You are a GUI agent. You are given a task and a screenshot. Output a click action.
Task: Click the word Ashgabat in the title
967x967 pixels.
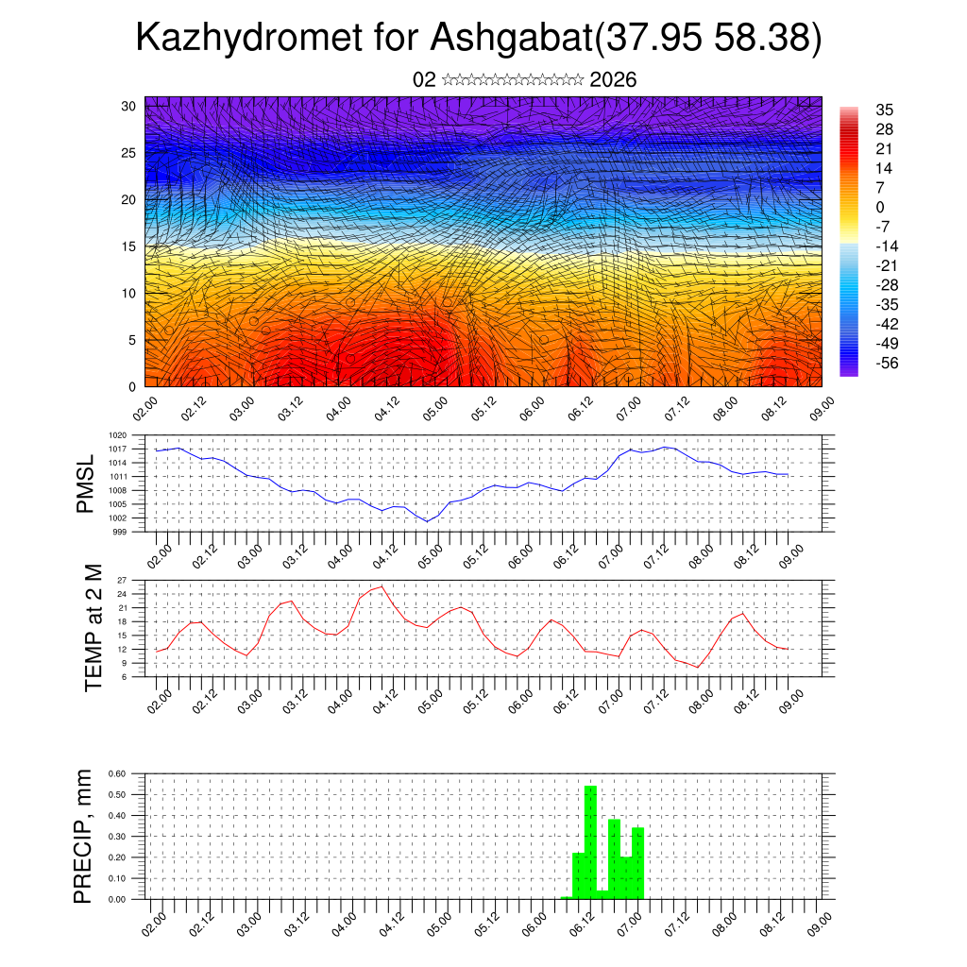click(x=511, y=38)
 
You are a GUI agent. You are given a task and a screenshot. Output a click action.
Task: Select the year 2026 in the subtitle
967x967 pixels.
click(x=613, y=80)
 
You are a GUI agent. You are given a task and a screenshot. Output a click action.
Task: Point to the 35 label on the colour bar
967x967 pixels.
click(x=885, y=110)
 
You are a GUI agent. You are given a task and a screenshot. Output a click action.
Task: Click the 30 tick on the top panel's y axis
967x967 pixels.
click(x=128, y=106)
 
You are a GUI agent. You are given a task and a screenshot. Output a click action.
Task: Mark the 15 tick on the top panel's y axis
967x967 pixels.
click(x=128, y=246)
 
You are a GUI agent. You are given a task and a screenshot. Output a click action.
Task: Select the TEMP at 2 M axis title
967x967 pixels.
click(x=93, y=628)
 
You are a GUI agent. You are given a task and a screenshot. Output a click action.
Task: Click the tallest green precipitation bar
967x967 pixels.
click(x=590, y=840)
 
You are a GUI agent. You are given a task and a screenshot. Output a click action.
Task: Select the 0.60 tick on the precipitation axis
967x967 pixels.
click(x=117, y=773)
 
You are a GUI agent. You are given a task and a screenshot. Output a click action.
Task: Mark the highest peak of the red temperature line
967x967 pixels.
click(x=381, y=586)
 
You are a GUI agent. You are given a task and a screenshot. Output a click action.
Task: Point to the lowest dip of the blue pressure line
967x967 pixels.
click(x=427, y=521)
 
